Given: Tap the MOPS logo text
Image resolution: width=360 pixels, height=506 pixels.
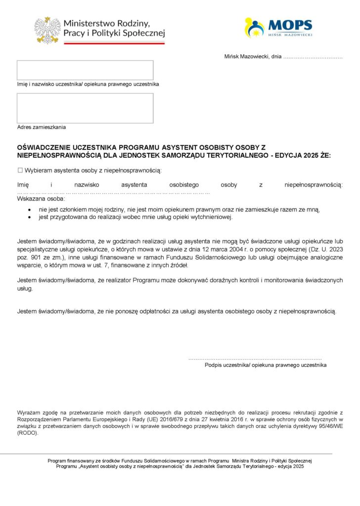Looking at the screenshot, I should tap(290, 25).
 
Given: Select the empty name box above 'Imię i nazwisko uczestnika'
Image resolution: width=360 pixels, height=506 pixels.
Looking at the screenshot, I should tap(85, 70).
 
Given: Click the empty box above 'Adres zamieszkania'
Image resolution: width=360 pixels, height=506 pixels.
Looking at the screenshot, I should tap(85, 108).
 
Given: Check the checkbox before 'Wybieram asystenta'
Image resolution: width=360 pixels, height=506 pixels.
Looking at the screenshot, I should tap(20, 170).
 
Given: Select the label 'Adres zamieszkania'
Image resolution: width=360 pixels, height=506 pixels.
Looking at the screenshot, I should tap(42, 127).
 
